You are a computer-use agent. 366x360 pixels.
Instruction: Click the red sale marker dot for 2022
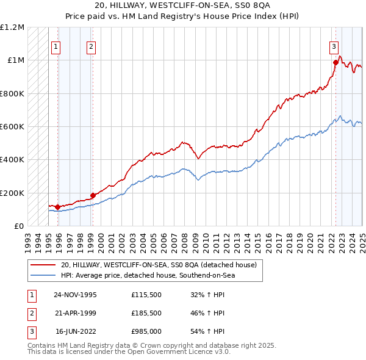click(x=335, y=62)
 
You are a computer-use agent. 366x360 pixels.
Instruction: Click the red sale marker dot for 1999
click(x=93, y=195)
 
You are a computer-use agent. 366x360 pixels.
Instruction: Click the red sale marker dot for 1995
click(x=58, y=207)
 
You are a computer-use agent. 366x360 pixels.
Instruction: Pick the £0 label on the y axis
click(x=18, y=226)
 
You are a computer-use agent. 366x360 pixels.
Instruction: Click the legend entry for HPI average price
click(x=147, y=275)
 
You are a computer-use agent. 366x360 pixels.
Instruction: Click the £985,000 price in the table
click(x=146, y=333)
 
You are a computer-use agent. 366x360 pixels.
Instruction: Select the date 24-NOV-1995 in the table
click(x=75, y=295)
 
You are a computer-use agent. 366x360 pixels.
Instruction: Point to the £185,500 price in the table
click(x=146, y=314)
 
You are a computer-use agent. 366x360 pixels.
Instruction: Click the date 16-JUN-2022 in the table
click(x=75, y=333)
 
